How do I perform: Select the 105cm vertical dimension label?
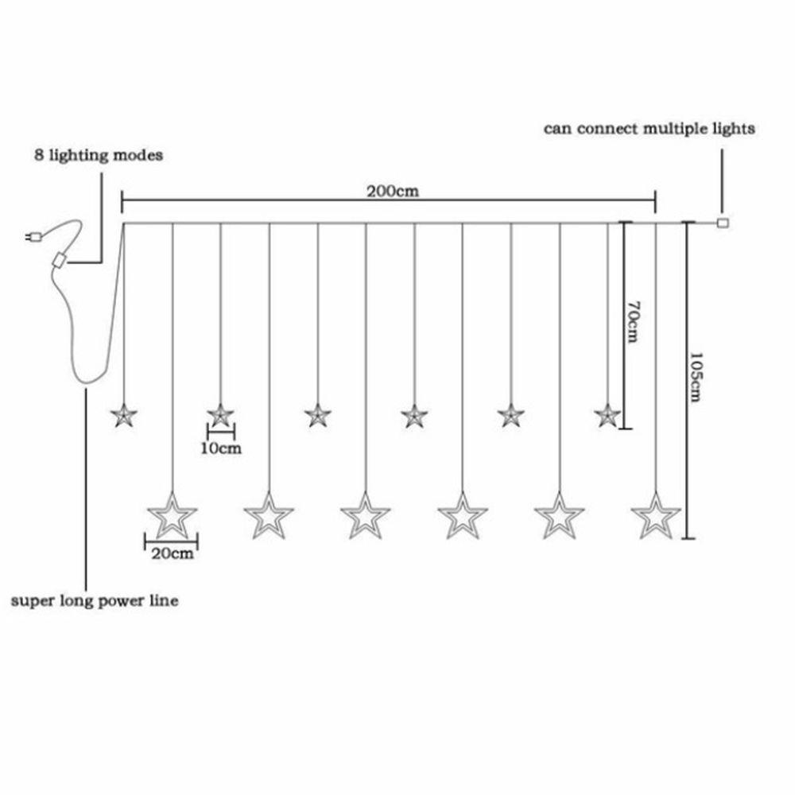pos(696,378)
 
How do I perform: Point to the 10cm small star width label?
pos(221,448)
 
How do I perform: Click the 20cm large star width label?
pos(172,554)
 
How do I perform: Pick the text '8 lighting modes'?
pos(98,155)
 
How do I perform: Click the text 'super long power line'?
pos(94,601)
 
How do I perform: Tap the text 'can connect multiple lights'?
pos(649,128)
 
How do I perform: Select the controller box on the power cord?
pos(58,261)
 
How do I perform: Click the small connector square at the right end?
pos(722,223)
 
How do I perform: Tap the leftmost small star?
pos(123,415)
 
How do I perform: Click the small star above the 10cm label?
pos(220,415)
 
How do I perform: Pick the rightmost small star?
pos(607,414)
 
